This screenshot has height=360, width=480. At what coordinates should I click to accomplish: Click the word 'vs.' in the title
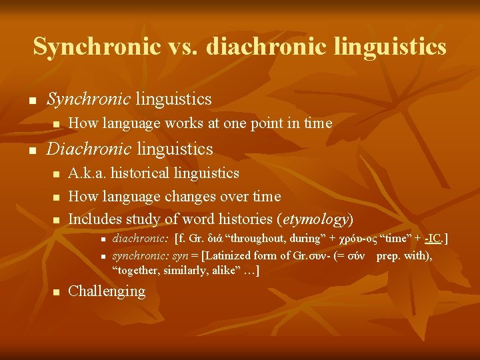[184, 47]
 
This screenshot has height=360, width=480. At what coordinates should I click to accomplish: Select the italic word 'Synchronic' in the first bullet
[88, 99]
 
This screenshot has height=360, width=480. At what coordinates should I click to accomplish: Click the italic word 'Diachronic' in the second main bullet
[89, 149]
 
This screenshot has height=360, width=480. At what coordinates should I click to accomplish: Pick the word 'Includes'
[94, 219]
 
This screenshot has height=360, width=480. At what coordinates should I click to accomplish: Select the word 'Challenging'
[107, 291]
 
